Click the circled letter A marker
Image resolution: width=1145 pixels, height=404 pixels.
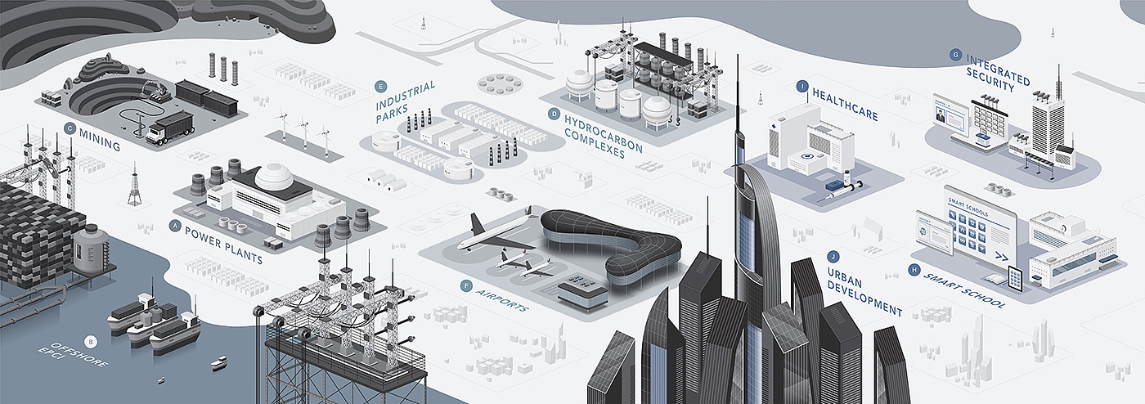[174, 224]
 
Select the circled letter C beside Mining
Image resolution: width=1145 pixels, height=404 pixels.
[70, 128]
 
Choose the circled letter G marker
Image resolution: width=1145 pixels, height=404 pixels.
[955, 55]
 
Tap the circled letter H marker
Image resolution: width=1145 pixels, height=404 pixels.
[914, 269]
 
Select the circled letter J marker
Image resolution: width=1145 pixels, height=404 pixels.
[833, 255]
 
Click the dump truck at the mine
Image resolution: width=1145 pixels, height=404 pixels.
[169, 129]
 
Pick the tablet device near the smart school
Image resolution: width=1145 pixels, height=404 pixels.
[1016, 279]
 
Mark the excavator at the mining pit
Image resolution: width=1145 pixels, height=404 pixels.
[155, 92]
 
